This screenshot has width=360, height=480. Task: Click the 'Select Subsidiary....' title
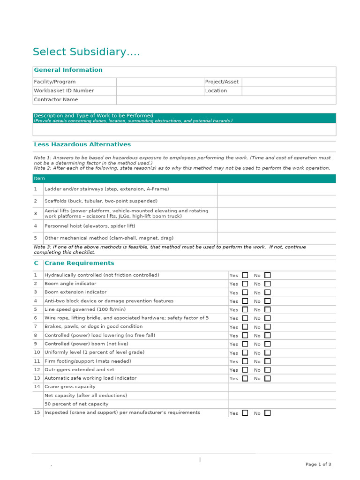86,52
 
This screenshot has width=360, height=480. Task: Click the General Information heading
68,70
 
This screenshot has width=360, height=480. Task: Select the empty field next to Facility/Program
160,82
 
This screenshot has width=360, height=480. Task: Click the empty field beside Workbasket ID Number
160,91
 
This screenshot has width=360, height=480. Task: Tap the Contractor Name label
56,100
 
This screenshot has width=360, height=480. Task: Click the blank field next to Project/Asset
288,82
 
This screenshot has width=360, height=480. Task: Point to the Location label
216,91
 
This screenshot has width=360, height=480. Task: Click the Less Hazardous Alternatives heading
82,145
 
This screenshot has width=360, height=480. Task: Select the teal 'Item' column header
39,179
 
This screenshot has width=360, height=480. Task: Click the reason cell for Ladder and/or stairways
276,189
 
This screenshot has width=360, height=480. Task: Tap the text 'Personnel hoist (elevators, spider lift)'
90,226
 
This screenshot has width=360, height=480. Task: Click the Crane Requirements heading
79,263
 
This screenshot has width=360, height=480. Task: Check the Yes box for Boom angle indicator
245,284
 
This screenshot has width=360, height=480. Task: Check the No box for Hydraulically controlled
267,275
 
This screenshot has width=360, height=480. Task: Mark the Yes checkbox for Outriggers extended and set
245,370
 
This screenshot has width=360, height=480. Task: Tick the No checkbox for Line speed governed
267,309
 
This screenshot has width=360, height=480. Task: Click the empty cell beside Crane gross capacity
282,387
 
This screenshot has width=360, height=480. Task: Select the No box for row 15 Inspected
267,413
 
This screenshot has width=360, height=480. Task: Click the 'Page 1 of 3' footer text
318,465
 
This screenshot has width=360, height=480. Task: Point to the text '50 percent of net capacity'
76,404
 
